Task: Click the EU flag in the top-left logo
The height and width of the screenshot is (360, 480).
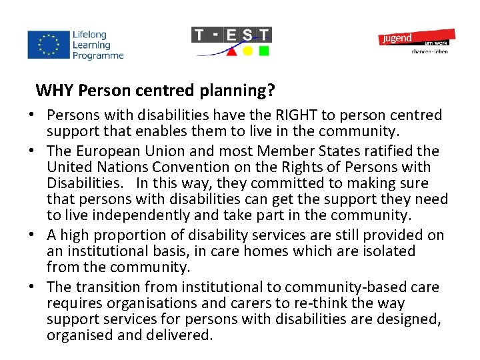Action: tap(47, 45)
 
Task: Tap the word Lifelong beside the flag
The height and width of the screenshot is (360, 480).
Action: tap(90, 35)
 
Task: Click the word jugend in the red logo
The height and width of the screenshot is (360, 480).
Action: tap(397, 39)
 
